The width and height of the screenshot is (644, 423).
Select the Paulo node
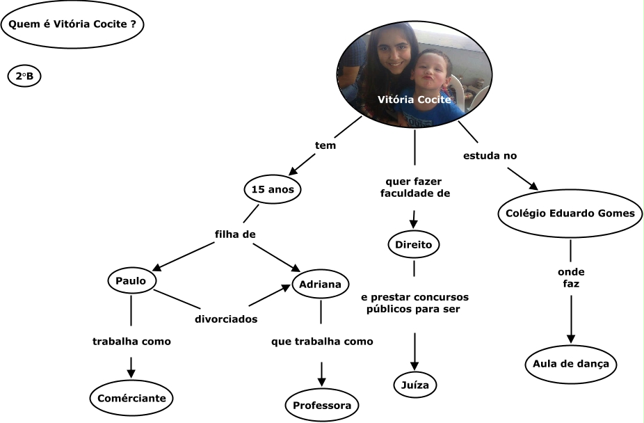[131, 280]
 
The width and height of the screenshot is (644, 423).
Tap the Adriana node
[320, 284]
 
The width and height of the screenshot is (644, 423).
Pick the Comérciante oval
[131, 399]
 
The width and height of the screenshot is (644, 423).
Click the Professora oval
[321, 405]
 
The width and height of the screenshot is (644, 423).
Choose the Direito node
[414, 245]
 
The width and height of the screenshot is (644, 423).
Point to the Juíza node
[415, 384]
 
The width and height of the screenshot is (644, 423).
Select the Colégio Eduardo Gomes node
[570, 214]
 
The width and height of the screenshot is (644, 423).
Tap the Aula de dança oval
[571, 364]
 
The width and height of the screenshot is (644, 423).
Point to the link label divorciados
[226, 319]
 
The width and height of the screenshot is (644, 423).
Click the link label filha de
[235, 234]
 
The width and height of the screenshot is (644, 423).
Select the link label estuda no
[490, 155]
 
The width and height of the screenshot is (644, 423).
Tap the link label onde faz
[571, 278]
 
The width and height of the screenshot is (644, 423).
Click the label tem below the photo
[325, 146]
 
